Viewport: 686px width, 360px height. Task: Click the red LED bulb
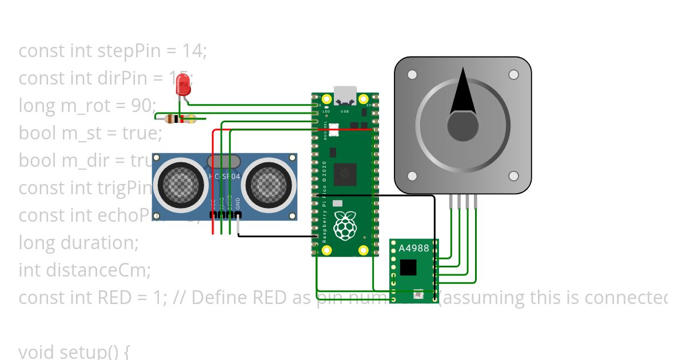pos(183,85)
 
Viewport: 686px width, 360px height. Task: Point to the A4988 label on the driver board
pos(413,248)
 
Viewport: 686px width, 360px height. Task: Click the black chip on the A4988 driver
pos(408,267)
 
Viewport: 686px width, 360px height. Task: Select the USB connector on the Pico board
pos(345,94)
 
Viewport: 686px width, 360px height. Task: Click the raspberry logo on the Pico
pos(344,226)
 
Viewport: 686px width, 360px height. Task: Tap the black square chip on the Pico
pos(345,174)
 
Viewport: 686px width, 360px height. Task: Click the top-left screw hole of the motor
pos(412,74)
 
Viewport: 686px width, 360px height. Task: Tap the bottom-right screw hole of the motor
pos(513,176)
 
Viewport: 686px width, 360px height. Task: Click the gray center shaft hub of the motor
pos(462,126)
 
